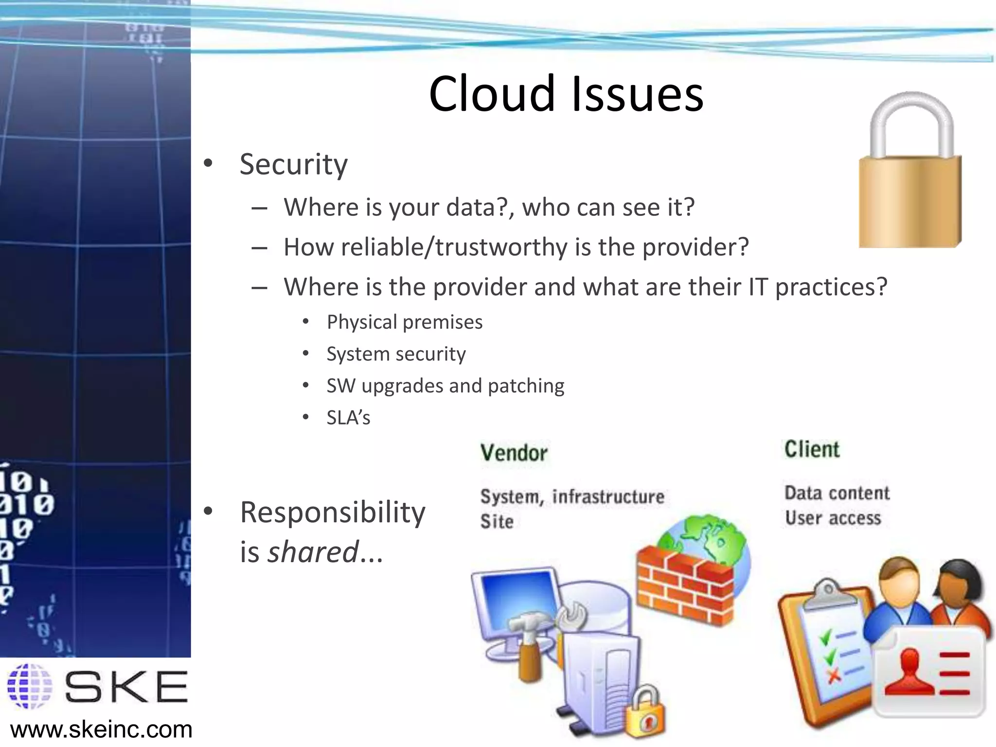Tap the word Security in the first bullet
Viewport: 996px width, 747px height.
pos(293,164)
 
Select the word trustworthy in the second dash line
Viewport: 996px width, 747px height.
pos(501,247)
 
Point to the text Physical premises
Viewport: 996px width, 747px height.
pos(404,322)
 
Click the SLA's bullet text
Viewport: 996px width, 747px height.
pos(348,418)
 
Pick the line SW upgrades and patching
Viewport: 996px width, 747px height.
pos(445,386)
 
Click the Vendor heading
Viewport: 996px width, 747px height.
pos(514,453)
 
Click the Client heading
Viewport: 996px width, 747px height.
pos(812,449)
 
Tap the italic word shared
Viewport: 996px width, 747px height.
pos(313,552)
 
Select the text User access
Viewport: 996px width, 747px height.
pos(833,518)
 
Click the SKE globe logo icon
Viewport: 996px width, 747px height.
pos(30,686)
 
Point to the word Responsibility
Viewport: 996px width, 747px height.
pos(333,513)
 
